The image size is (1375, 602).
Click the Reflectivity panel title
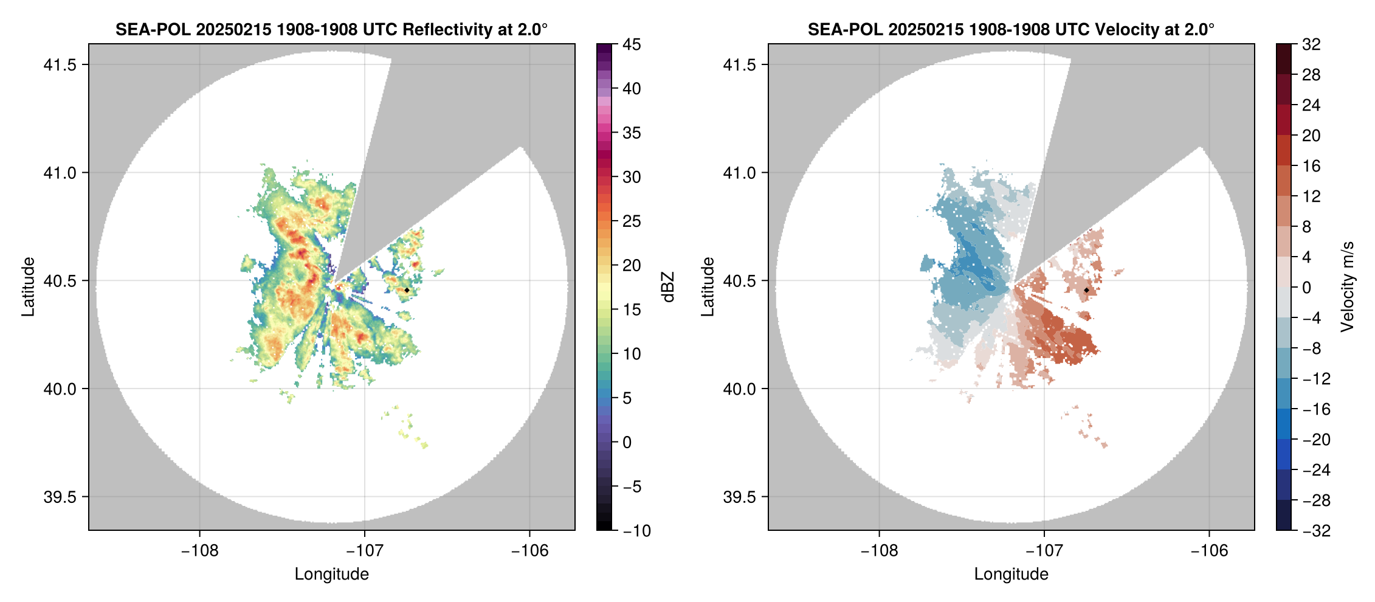tap(331, 29)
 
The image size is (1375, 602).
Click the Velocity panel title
tap(1011, 29)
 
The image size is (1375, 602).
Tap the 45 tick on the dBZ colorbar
tap(632, 44)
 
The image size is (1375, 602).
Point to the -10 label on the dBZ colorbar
tap(636, 530)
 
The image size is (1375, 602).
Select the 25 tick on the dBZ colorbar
tap(632, 221)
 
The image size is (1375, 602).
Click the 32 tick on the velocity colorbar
tap(1311, 44)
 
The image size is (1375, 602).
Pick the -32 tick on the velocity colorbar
tap(1316, 530)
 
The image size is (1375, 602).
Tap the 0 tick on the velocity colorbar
tap(1306, 288)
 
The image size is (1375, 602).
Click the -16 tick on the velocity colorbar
tap(1316, 409)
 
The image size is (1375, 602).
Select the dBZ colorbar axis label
tap(668, 287)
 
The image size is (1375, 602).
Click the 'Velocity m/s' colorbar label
tap(1347, 287)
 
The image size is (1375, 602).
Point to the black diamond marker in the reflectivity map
tap(407, 290)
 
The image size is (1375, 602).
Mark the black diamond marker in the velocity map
tap(1086, 290)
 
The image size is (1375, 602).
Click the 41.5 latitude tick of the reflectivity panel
tap(60, 64)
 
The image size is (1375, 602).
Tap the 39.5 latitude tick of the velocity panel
tap(740, 497)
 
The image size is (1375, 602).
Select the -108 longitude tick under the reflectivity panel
tap(199, 550)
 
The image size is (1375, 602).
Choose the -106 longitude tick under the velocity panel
tap(1209, 550)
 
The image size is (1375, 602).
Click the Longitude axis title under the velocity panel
tap(1011, 574)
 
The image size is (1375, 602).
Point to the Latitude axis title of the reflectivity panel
tap(28, 287)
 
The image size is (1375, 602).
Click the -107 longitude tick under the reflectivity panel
tap(365, 550)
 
